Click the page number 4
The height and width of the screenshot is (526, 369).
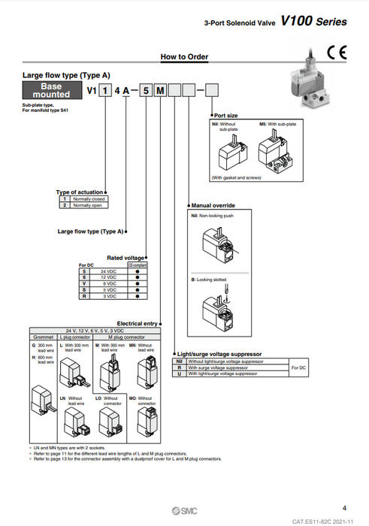pyautogui.click(x=343, y=507)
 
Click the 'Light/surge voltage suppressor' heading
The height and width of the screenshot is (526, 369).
pyautogui.click(x=219, y=353)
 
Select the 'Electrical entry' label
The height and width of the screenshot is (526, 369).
pyautogui.click(x=137, y=323)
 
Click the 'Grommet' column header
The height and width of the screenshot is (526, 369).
pyautogui.click(x=42, y=337)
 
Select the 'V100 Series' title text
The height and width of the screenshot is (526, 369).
pyautogui.click(x=314, y=22)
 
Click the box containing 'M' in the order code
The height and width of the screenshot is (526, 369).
pyautogui.click(x=160, y=91)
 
